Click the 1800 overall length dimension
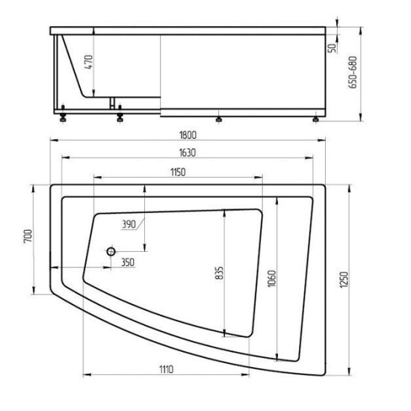(188, 135)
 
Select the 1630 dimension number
(188, 152)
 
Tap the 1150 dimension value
(178, 172)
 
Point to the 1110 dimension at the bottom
(167, 369)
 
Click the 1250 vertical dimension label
(344, 279)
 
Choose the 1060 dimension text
(272, 279)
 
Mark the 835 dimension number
(220, 273)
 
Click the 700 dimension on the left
(28, 236)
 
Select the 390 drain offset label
(129, 224)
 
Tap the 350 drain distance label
(128, 262)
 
